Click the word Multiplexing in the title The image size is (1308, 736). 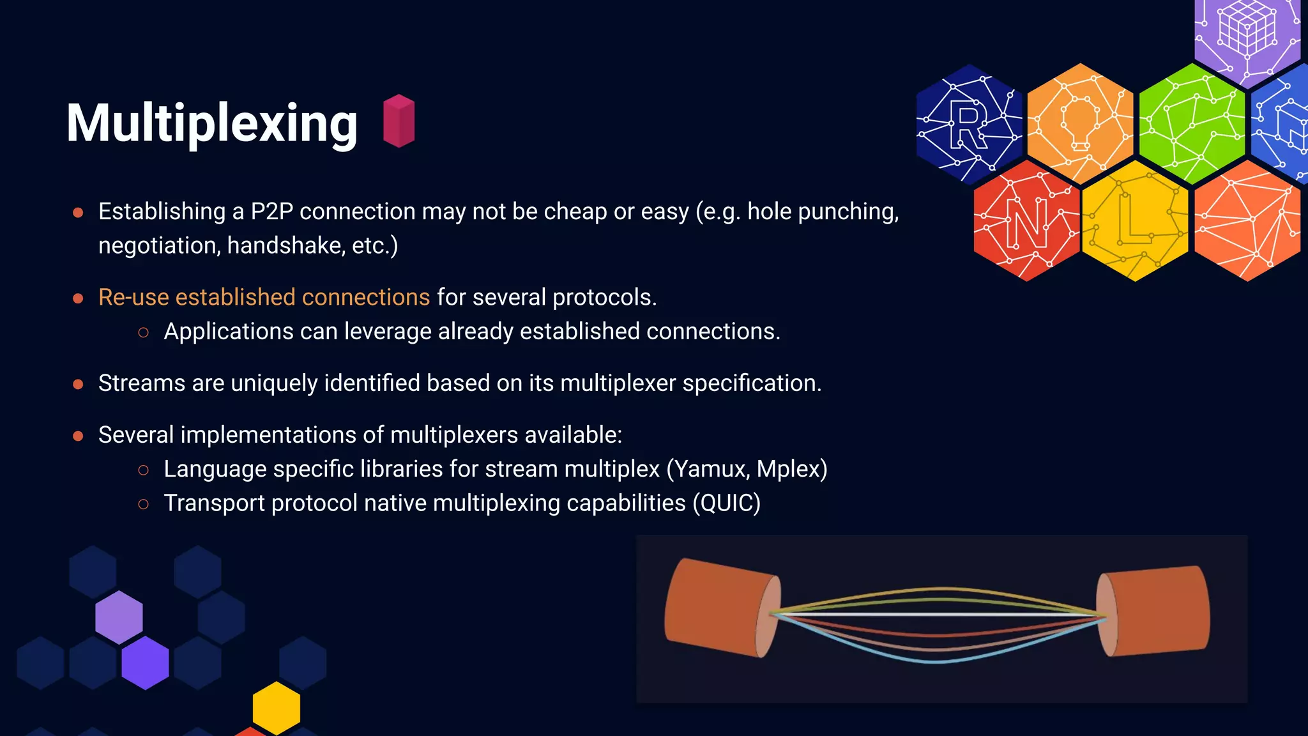coord(211,123)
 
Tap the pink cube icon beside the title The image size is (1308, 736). coord(399,121)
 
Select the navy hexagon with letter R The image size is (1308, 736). coord(968,124)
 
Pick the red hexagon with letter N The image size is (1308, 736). coord(1026,221)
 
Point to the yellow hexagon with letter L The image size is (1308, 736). coord(1135,221)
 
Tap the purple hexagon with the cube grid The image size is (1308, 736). coord(1247,35)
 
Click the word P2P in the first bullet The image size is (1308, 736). coord(271,211)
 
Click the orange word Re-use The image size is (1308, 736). coord(133,297)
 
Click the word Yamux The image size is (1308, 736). coord(711,469)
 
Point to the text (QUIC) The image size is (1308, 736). coord(727,503)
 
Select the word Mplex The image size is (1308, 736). coord(791,469)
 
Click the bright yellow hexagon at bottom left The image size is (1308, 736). coord(277,707)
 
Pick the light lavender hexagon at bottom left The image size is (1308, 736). coord(119,617)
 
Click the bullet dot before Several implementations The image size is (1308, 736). coord(78,436)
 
